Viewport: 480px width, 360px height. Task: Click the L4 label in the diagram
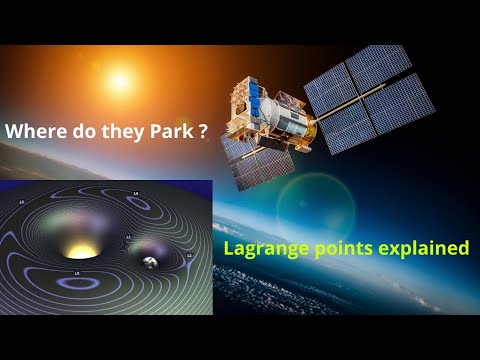click(135, 193)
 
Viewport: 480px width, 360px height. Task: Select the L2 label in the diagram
click(189, 257)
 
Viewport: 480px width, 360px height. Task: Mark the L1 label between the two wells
click(128, 238)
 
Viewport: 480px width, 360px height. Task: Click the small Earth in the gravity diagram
click(150, 262)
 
